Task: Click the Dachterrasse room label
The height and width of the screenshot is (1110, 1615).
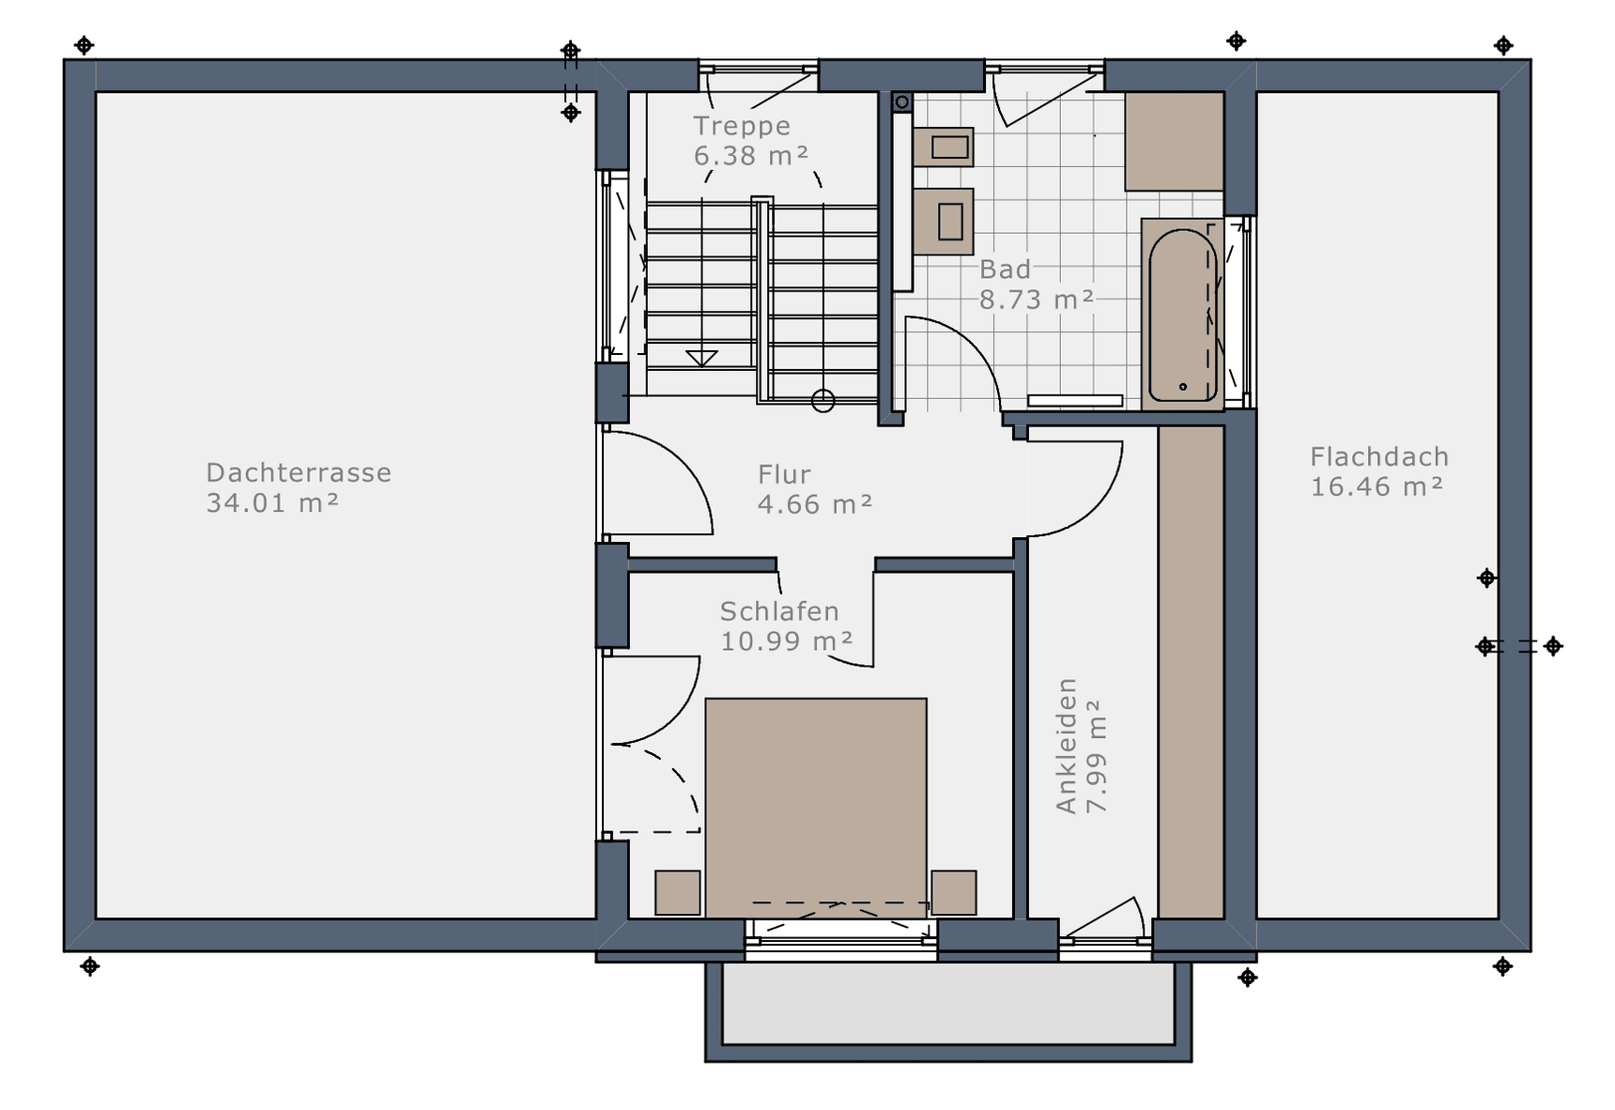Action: pos(299,472)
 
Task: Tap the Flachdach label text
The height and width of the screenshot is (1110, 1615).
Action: pos(1379,457)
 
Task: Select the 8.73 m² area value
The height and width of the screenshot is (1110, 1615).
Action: pos(1037,300)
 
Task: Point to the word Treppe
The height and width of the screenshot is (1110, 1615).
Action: pos(742,126)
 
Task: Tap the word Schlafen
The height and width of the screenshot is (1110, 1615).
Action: pos(779,611)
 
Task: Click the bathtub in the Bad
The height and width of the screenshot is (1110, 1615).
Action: pos(1183,315)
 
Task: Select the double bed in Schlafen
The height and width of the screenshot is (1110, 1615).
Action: pos(816,808)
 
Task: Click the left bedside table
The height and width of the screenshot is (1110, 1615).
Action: pos(678,892)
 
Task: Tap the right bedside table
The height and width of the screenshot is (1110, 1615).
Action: pos(954,892)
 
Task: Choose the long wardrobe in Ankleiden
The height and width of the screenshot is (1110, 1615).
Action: pos(1192,671)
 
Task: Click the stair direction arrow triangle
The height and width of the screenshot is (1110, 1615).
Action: pos(701,358)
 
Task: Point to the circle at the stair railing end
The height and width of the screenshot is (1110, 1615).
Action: pos(823,401)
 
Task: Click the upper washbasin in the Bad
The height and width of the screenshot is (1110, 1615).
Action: pos(943,147)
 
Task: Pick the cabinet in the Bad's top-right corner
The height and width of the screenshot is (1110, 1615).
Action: pos(1175,141)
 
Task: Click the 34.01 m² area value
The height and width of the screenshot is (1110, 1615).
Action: pos(272,503)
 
